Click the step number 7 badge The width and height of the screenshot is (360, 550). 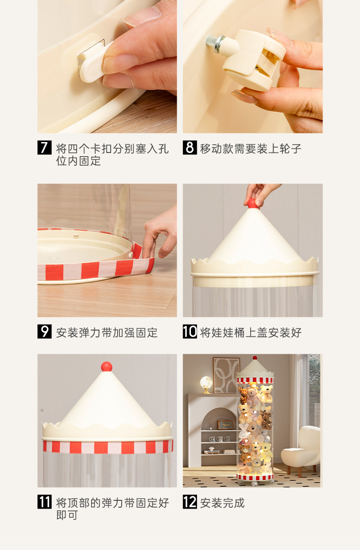[x=45, y=148]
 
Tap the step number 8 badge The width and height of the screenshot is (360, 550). [x=190, y=148]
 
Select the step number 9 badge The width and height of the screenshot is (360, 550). [x=45, y=331]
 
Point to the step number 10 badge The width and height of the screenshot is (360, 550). [x=190, y=331]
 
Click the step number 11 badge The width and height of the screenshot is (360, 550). [x=45, y=502]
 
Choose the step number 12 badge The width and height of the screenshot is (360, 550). [x=190, y=502]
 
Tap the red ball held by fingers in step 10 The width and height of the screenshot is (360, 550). [x=252, y=204]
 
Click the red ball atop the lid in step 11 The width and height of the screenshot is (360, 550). [x=107, y=367]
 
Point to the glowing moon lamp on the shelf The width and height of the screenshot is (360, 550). [x=206, y=384]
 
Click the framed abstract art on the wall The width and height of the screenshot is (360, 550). [x=226, y=376]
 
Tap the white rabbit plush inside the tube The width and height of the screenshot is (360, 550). [x=243, y=432]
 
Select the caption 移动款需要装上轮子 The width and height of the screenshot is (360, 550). [x=251, y=148]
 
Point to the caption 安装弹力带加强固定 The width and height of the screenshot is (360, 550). [x=107, y=333]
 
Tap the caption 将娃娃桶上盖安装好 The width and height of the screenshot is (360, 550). [x=251, y=333]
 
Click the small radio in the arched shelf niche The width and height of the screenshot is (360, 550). [x=225, y=425]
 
